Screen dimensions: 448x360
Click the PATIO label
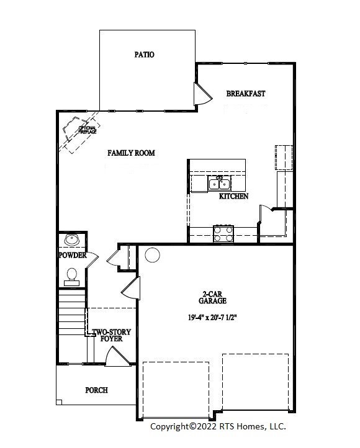click(x=144, y=55)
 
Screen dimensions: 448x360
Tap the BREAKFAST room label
click(x=246, y=94)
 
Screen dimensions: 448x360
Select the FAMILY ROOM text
click(x=131, y=153)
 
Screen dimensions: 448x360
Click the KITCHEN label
click(x=233, y=196)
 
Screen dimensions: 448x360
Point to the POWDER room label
click(x=73, y=256)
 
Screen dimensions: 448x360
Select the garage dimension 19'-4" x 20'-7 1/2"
click(x=213, y=317)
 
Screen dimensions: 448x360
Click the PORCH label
click(x=96, y=390)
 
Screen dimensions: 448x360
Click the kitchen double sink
click(x=219, y=184)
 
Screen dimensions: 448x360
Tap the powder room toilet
click(x=71, y=274)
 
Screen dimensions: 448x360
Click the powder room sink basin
click(x=71, y=240)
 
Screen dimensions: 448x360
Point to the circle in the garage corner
click(x=152, y=255)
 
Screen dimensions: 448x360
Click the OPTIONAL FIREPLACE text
click(x=86, y=130)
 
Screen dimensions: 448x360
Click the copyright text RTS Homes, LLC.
click(x=218, y=426)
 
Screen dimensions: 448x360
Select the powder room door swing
click(x=91, y=259)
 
